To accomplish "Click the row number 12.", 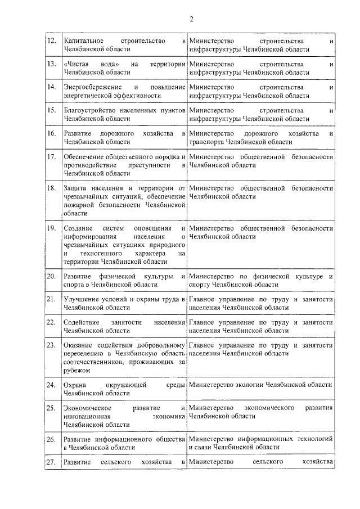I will (x=52, y=42).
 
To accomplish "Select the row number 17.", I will (x=52, y=157).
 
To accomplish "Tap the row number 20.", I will (x=52, y=276).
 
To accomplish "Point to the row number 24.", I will (x=52, y=385).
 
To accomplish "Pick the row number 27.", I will (x=52, y=462).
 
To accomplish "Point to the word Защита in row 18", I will (x=75, y=188).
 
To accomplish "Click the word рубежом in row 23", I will (x=77, y=371).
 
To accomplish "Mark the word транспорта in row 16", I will (x=208, y=142).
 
